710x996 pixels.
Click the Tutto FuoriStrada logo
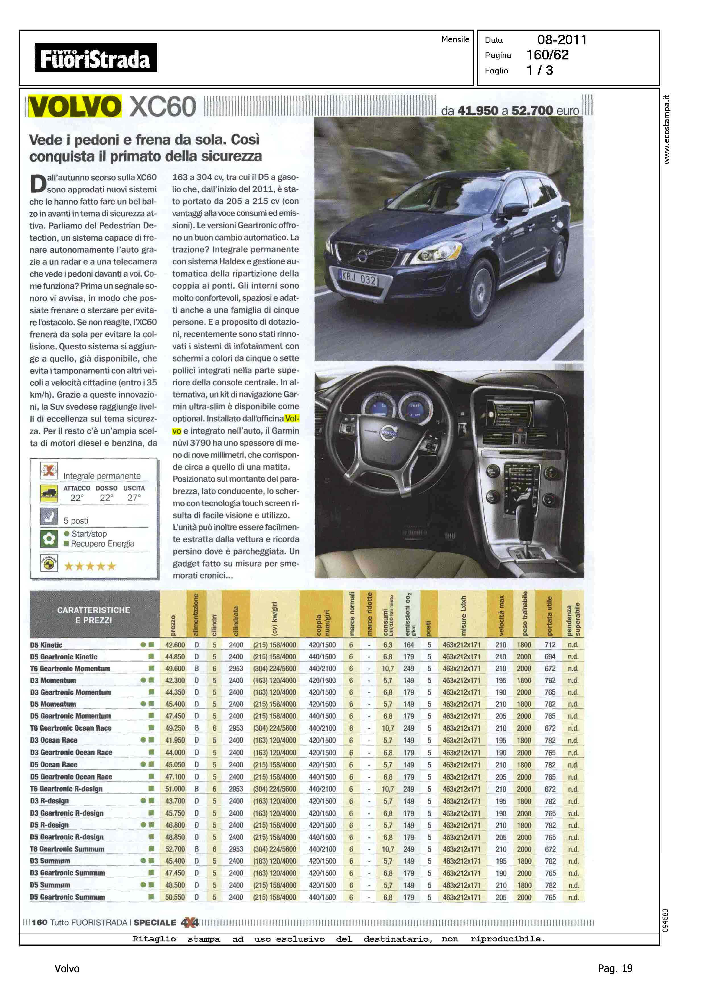click(x=96, y=57)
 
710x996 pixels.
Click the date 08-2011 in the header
click(x=562, y=40)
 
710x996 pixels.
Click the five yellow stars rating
click(x=90, y=566)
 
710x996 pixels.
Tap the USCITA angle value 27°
click(x=134, y=497)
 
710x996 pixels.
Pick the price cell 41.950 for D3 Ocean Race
click(x=175, y=740)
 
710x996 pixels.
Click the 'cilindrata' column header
click(x=236, y=621)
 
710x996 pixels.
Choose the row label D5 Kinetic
click(x=46, y=645)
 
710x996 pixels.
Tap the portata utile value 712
click(x=550, y=645)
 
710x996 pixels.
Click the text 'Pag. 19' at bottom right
click(x=615, y=968)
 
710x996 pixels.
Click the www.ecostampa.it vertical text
click(x=666, y=129)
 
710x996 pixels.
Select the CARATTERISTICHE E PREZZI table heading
click(x=94, y=615)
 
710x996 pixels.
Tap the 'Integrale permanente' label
click(x=102, y=476)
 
